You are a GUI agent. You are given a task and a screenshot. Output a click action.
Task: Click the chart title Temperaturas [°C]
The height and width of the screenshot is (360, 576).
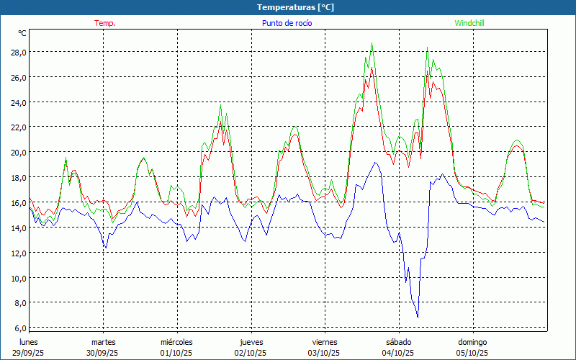[x=295, y=7]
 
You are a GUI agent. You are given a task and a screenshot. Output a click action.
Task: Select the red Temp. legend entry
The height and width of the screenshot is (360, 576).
[x=105, y=23]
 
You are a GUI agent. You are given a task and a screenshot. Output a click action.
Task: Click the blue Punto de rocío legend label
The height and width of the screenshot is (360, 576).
[x=287, y=23]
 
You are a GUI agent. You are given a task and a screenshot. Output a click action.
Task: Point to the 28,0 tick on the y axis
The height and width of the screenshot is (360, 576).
[x=18, y=53]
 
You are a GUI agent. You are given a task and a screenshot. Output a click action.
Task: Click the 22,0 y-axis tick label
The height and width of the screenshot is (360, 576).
[x=18, y=127]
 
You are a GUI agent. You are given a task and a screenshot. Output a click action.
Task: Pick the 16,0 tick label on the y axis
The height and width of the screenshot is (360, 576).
[x=18, y=203]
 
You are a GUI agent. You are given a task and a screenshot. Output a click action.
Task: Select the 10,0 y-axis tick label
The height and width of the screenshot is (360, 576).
[x=18, y=278]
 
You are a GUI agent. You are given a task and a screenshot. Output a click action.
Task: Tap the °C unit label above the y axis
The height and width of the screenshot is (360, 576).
[x=22, y=33]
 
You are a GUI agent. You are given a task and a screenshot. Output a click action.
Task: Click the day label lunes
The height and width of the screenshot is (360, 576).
[x=29, y=342]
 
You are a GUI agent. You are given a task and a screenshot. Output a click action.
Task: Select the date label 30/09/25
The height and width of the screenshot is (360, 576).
[x=102, y=353]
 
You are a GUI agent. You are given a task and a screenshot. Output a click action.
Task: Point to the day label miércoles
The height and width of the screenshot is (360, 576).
[x=176, y=342]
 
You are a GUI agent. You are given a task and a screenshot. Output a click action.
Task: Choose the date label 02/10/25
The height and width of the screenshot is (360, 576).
[x=251, y=353]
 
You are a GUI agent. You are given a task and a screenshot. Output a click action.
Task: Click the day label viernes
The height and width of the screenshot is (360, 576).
[x=325, y=342]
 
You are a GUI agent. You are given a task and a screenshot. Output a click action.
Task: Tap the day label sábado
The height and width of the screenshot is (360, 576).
[x=398, y=342]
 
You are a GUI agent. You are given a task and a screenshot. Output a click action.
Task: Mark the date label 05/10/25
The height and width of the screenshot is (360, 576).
[x=472, y=353]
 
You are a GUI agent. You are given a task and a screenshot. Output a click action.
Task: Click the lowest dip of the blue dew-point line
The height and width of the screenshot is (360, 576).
[x=418, y=317]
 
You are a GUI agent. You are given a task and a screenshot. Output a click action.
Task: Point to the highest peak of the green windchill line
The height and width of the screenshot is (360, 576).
[x=372, y=43]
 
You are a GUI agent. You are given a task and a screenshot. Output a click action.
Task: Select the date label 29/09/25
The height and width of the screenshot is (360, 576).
[x=29, y=353]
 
